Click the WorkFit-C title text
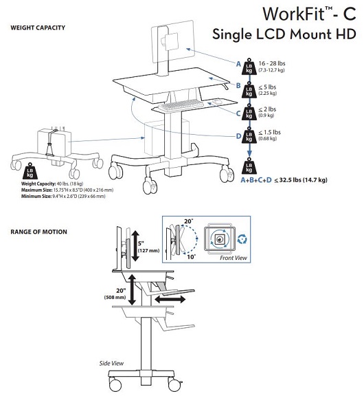309,14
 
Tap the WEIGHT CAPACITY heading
38,27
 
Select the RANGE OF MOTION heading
39,232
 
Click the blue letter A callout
238,64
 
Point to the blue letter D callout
238,136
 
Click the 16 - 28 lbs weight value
272,63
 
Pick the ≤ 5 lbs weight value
267,87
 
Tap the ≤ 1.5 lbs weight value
269,132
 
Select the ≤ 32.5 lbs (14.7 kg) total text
301,180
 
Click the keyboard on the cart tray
181,104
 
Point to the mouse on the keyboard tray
217,101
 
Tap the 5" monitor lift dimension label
141,243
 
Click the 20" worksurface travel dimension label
121,291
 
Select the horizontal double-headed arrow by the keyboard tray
170,300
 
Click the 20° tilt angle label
188,221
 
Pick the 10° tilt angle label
192,257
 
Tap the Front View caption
234,258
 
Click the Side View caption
111,363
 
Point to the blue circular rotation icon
242,239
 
